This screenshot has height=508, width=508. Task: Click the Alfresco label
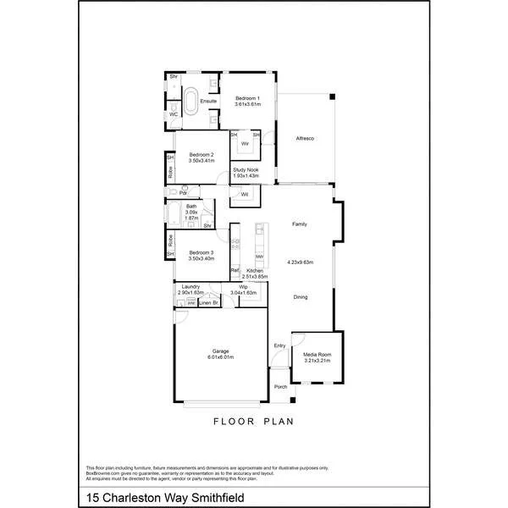point(306,138)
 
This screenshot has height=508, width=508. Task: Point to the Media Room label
point(317,355)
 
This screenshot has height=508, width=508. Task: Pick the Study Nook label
point(246,170)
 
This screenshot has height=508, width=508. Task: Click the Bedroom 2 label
point(202,154)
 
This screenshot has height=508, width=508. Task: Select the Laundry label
point(190,287)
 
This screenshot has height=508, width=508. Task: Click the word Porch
point(280,387)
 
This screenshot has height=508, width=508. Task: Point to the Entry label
point(279,345)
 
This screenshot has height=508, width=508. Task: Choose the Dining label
point(300,297)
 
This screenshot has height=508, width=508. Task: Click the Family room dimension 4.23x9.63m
point(300,262)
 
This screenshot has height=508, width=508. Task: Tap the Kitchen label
point(255,271)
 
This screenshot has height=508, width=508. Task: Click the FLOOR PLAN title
point(254,421)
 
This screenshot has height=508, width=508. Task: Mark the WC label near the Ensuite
point(174,113)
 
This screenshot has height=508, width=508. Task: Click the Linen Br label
point(209,302)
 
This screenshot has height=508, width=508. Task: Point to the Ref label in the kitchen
point(235,271)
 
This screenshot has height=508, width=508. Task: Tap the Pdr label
point(183,193)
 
